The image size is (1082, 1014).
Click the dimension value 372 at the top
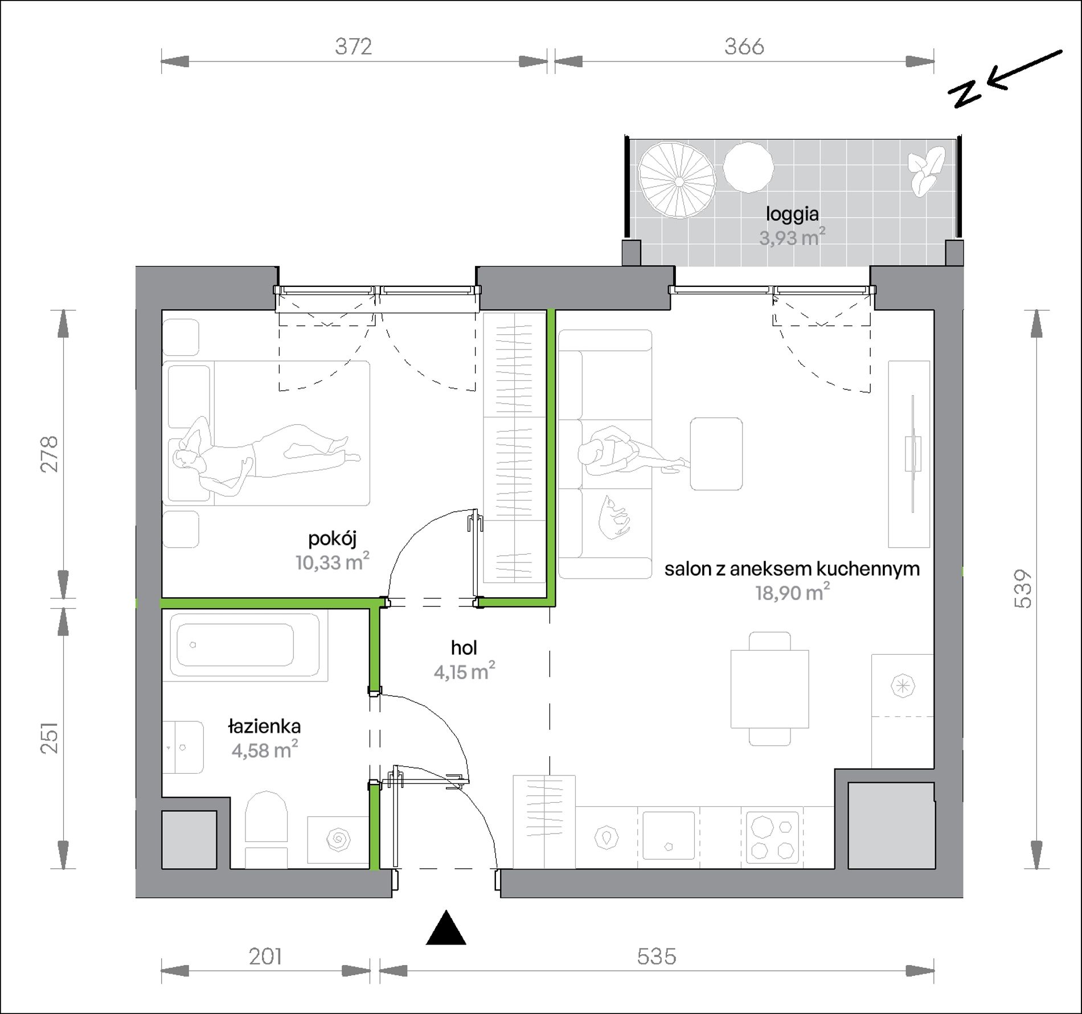pos(353,47)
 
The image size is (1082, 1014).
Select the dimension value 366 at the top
pos(744,47)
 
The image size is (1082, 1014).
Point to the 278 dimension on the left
pos(50,454)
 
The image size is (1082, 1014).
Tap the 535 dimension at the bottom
pos(657,956)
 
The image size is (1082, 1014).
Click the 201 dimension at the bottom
pos(265,956)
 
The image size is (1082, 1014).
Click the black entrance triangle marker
pos(446,928)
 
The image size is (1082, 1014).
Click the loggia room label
pos(792,214)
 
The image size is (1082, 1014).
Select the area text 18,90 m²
pos(792,593)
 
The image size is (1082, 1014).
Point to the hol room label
pos(464,647)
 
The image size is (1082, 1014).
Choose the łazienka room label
pos(264,726)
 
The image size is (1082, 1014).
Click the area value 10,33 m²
pos(332,563)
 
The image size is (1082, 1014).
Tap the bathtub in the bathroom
pos(244,645)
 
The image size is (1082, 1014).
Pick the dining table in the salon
pos(769,688)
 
